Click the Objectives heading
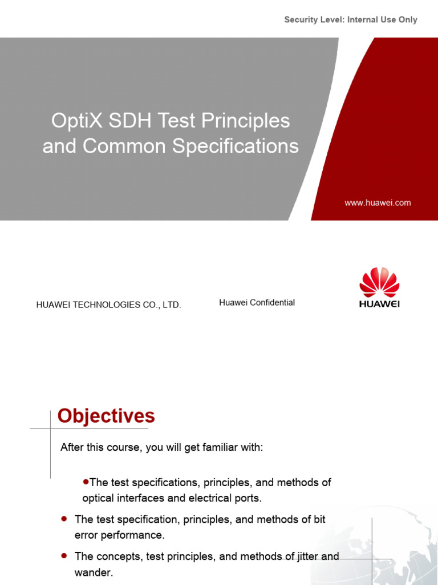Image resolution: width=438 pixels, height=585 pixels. coord(106,416)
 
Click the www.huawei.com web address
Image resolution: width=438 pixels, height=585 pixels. coord(378,203)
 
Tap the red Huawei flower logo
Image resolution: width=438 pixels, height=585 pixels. coord(379,282)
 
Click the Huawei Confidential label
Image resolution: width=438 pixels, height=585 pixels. coord(257,303)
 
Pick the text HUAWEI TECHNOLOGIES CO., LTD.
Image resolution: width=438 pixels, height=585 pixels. coord(108,305)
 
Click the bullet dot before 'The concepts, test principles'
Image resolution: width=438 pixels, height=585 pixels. coord(64,555)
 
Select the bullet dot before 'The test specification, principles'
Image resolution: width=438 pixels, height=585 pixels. coord(64,519)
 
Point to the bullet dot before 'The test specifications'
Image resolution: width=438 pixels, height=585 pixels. coord(86,482)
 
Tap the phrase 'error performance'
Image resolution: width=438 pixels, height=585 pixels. coord(119,535)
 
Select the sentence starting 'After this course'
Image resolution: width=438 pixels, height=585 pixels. coord(161,447)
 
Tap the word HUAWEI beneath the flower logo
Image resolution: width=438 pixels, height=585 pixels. coord(379,304)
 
